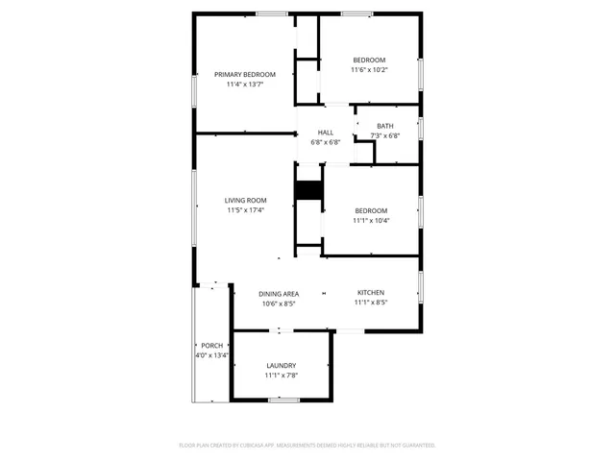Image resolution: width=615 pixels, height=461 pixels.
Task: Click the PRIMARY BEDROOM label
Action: point(244,75)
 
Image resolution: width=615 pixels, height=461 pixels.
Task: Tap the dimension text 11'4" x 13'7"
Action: point(244,85)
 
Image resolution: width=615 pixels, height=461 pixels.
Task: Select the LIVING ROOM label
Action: point(245,200)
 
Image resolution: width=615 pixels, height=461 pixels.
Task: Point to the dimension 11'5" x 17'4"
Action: point(245,210)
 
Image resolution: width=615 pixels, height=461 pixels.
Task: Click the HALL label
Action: point(326,133)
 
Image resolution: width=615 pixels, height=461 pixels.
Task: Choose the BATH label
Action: point(384,126)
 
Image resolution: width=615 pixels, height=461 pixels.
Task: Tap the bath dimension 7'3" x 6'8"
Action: point(384,135)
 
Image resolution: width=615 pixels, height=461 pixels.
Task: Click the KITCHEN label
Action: point(371,292)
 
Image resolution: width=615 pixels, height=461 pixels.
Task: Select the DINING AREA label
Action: point(279,294)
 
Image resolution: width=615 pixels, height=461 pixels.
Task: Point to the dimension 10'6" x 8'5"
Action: point(279,303)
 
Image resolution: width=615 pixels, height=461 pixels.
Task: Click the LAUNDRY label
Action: point(282,365)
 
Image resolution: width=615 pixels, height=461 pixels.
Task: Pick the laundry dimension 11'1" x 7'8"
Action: point(282,376)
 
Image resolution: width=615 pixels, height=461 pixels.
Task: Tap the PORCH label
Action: point(211,346)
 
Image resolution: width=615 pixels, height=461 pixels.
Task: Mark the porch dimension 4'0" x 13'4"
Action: point(211,355)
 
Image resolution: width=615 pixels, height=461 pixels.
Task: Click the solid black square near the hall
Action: point(307,190)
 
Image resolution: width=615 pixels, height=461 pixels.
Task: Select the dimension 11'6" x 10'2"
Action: point(369,69)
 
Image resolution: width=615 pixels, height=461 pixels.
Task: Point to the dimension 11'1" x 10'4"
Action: point(371,221)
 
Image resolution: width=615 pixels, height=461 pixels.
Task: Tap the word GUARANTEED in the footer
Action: point(414,445)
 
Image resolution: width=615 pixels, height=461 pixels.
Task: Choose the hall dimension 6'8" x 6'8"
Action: point(326,142)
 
